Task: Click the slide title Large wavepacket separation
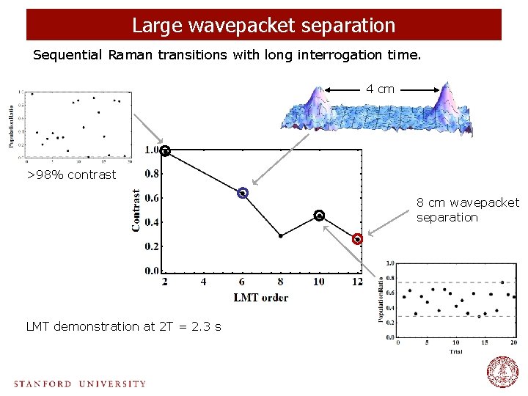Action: (264, 25)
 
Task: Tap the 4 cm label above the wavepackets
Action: (381, 89)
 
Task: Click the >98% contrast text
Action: (71, 175)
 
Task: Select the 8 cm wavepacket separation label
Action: (467, 210)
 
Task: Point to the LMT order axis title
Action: (260, 297)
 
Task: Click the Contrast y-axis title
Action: (136, 210)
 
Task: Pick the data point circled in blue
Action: (243, 194)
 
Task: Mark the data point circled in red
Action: (357, 239)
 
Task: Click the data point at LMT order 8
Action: (281, 235)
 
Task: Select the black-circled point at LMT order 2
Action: (166, 151)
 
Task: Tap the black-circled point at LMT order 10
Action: (319, 215)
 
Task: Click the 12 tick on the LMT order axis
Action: (357, 282)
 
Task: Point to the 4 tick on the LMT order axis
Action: (204, 282)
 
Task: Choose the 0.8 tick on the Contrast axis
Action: (151, 175)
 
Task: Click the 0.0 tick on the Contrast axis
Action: (151, 271)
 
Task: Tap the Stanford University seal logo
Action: (502, 372)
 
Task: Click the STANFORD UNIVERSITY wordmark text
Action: (79, 384)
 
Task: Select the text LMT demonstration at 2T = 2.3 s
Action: (123, 326)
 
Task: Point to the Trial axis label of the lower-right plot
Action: (456, 352)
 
